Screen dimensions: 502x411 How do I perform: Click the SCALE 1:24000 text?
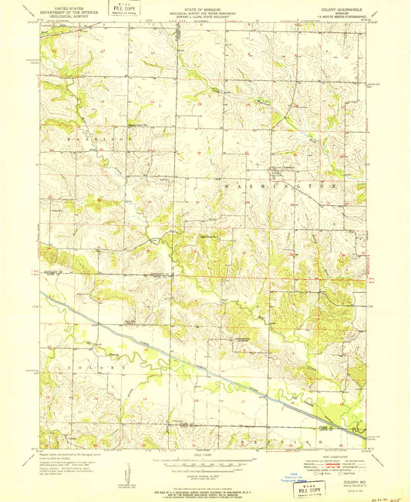[x=204, y=455]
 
